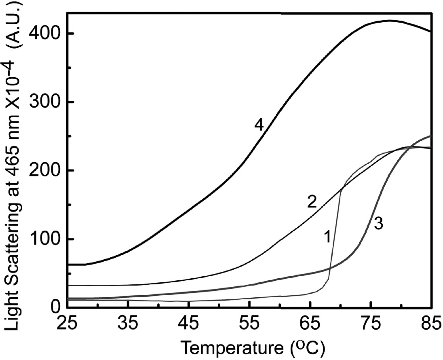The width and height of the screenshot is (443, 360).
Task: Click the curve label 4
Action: point(259,125)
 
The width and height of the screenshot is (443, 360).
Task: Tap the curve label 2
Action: point(311,202)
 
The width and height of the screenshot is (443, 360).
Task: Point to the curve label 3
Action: point(378,224)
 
